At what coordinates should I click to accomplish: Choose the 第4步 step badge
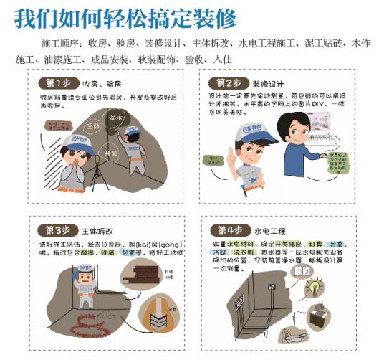(229, 230)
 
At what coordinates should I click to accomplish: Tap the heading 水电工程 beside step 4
(269, 231)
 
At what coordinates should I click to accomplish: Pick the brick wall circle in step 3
(140, 275)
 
